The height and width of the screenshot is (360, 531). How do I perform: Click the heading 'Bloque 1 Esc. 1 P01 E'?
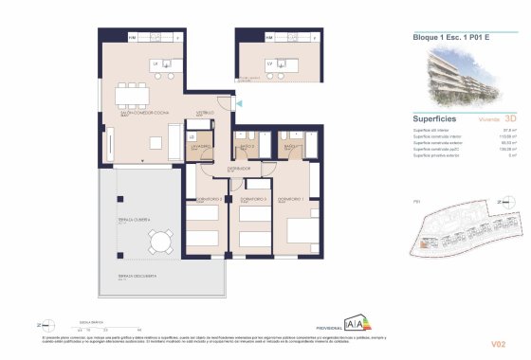tap(451, 38)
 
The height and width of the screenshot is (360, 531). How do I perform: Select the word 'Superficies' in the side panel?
tap(437, 118)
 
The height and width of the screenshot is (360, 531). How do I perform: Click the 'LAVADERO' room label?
tap(199, 147)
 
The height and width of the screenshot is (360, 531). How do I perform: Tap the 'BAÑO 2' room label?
tap(245, 147)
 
